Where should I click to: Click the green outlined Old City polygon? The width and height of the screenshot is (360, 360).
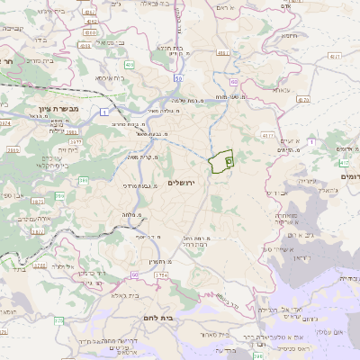point(220,162)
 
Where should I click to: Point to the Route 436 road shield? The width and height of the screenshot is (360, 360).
point(129,66)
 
